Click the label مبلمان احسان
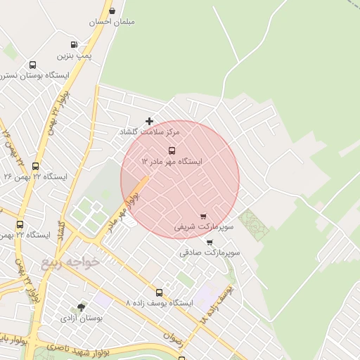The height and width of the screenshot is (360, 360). (x=112, y=22)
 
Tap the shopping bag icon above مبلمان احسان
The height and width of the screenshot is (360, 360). (x=112, y=11)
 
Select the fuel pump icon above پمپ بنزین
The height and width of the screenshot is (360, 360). (x=74, y=44)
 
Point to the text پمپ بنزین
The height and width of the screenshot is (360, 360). (x=75, y=55)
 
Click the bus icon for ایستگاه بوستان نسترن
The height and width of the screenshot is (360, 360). (x=32, y=65)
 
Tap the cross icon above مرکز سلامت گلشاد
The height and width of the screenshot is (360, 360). (x=149, y=121)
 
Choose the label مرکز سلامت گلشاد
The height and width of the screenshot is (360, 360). (x=150, y=131)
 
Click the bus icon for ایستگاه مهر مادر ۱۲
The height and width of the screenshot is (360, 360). (x=172, y=150)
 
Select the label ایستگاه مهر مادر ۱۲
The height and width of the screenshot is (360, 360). (x=172, y=161)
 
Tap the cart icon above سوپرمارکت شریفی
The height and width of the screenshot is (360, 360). (x=203, y=216)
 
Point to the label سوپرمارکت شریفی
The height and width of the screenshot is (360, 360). (x=204, y=227)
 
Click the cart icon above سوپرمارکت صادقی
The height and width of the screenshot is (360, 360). (x=210, y=242)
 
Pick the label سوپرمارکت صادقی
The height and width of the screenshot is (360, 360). (x=210, y=252)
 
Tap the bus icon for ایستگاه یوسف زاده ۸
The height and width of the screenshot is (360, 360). (x=159, y=292)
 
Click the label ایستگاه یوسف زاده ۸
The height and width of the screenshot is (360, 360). (x=159, y=303)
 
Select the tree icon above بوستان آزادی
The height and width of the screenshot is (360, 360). (x=81, y=307)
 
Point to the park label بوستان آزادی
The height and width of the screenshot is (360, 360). (x=82, y=318)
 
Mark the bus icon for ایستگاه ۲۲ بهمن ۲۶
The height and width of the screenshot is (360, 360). (x=35, y=166)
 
